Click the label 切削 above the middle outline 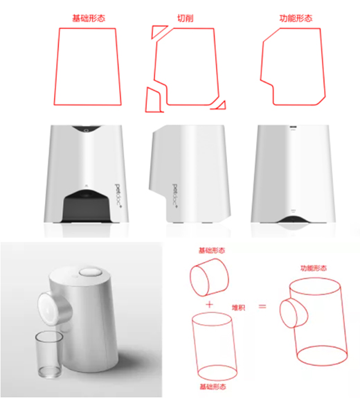pos(185,18)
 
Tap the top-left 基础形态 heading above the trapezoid pos(89,18)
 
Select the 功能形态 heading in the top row pos(296,18)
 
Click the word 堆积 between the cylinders pos(238,308)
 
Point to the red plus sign pos(210,304)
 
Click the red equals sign pos(262,306)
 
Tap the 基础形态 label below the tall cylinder pos(213,387)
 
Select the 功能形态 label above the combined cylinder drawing pos(314,268)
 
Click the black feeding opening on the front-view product pos(87,206)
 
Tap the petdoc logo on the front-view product pos(118,195)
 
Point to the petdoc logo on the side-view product pos(175,195)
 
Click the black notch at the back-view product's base pos(293,220)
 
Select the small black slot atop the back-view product pos(293,127)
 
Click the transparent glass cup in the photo pos(49,354)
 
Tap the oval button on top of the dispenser pos(91,272)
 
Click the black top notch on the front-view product pos(87,129)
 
